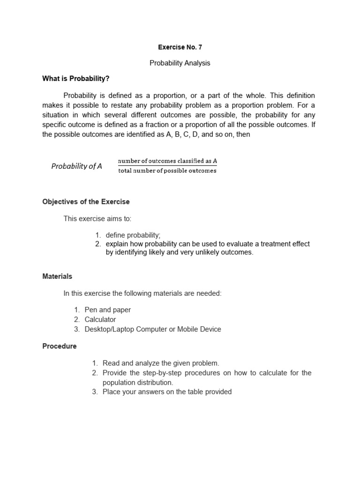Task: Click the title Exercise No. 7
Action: (180, 47)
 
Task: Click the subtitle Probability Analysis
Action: (180, 63)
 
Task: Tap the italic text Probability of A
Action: (76, 166)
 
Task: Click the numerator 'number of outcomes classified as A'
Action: (167, 161)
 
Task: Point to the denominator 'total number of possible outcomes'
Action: (167, 171)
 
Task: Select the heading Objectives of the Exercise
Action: (86, 202)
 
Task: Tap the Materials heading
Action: (57, 277)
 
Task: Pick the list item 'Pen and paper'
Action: (108, 310)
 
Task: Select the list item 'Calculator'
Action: (100, 320)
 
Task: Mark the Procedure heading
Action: (59, 346)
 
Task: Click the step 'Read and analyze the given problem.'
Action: (161, 363)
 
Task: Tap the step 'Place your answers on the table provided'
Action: (167, 392)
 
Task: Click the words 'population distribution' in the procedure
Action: (138, 382)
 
